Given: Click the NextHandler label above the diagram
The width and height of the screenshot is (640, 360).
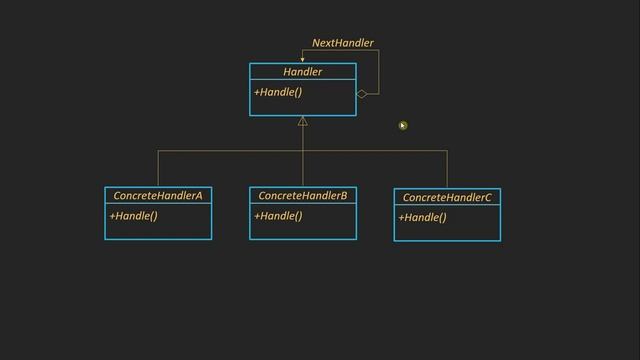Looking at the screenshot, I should click(343, 43).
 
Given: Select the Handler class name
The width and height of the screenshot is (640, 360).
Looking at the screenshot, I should click(302, 72).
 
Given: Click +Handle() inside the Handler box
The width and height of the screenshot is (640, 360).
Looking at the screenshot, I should click(278, 93).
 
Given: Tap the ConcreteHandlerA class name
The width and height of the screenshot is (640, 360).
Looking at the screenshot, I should click(158, 196).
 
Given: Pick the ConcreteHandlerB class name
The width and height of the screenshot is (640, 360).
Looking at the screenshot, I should click(302, 196).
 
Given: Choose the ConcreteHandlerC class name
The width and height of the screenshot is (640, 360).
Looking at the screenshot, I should click(447, 198).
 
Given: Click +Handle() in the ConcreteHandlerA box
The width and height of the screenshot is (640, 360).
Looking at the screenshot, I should click(133, 216).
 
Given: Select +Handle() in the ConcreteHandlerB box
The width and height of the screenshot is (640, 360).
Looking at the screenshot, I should click(278, 216).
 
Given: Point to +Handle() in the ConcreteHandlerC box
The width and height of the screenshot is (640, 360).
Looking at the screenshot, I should click(422, 218).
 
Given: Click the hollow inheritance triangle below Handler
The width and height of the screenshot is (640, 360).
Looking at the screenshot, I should click(302, 122).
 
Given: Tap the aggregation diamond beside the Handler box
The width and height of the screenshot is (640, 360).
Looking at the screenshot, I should click(362, 94).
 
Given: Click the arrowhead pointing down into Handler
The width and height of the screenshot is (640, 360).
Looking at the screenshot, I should click(302, 59).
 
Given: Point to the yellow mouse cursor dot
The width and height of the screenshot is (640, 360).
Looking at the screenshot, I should click(403, 125).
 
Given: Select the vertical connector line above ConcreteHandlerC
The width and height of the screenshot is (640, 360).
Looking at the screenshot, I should click(447, 169).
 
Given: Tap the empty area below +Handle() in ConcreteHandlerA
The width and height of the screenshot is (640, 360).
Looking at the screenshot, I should click(158, 231).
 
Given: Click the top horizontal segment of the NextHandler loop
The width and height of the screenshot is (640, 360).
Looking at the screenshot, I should click(340, 51).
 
